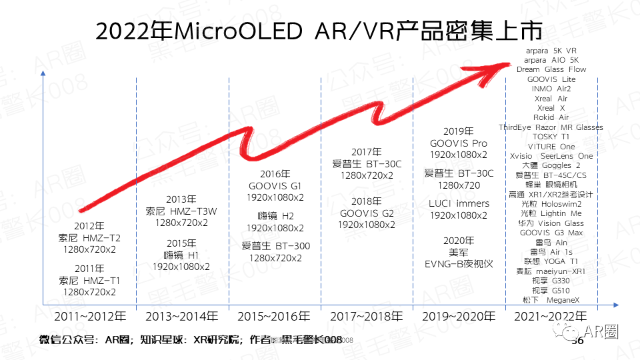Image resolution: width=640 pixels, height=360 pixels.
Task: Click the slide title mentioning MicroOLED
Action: click(x=319, y=31)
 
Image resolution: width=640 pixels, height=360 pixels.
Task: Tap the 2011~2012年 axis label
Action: click(x=89, y=316)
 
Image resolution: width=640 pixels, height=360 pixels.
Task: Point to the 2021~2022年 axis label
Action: click(x=551, y=316)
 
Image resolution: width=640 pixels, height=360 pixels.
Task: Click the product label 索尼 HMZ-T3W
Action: click(x=182, y=211)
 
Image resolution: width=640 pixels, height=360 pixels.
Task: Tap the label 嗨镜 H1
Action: click(x=182, y=255)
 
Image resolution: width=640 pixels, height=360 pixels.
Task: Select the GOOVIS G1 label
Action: click(x=275, y=185)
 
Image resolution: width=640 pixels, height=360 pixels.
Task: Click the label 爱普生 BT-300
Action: click(x=275, y=246)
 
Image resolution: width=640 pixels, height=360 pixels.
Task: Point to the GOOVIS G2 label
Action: click(x=367, y=213)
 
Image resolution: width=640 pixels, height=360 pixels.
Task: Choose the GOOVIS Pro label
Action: click(x=459, y=143)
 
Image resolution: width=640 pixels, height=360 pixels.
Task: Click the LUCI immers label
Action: click(x=459, y=203)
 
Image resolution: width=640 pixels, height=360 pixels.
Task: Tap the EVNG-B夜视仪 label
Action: click(x=459, y=264)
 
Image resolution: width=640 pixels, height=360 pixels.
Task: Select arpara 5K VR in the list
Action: click(x=551, y=50)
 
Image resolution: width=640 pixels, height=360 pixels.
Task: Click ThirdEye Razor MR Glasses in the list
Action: click(x=551, y=127)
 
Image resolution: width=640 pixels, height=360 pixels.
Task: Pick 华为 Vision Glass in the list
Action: click(x=551, y=223)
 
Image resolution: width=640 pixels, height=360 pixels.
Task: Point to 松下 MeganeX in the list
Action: click(x=551, y=300)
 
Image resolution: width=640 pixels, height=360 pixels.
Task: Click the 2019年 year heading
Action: click(x=459, y=131)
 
